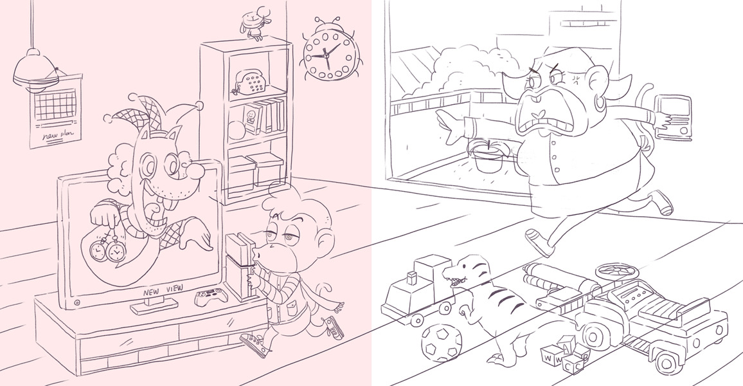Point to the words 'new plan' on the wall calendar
click(56, 136)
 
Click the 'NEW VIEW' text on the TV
click(163, 290)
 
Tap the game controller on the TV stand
click(210, 297)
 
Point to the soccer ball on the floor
click(441, 342)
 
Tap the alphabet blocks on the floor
click(566, 356)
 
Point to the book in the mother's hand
click(674, 117)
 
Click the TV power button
click(76, 302)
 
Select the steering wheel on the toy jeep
click(614, 271)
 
